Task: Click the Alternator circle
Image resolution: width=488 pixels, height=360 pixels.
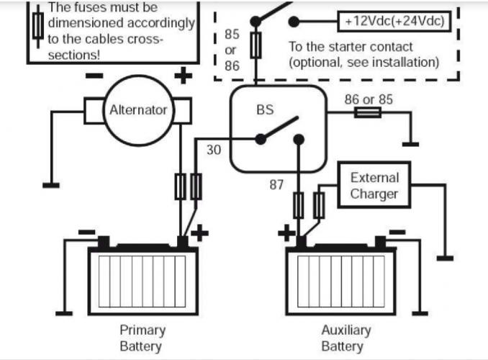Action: [x=138, y=110]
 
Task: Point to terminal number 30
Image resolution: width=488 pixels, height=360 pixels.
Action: [x=214, y=150]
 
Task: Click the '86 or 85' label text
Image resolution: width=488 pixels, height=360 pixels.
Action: [x=369, y=99]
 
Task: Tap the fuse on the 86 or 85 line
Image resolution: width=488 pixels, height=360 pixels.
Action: [x=369, y=112]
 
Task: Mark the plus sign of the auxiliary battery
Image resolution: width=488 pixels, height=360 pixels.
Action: [x=286, y=233]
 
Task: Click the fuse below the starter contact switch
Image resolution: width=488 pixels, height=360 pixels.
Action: [x=254, y=45]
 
